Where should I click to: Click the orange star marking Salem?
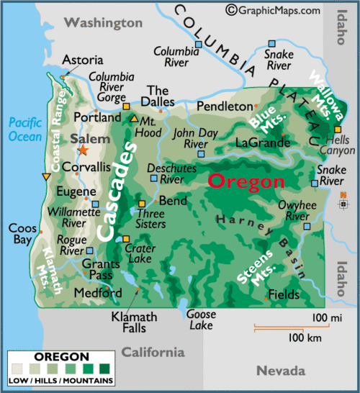pyautogui.click(x=83, y=150)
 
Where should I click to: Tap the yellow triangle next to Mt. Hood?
pyautogui.click(x=133, y=118)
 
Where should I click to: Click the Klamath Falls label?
pyautogui.click(x=129, y=322)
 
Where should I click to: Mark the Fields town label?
pyautogui.click(x=283, y=294)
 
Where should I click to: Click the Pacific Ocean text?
pyautogui.click(x=25, y=129)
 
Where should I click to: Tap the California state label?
pyautogui.click(x=152, y=352)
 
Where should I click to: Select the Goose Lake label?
pyautogui.click(x=200, y=320)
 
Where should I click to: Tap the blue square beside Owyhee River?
pyautogui.click(x=307, y=226)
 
